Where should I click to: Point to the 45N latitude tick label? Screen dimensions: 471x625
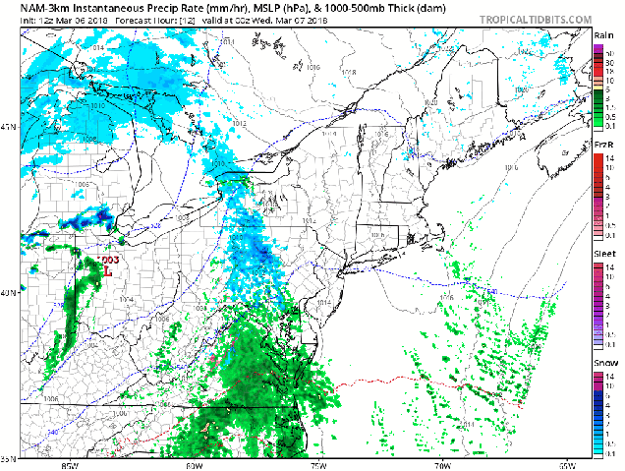tap(8, 127)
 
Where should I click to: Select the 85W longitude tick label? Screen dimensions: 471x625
tap(69, 464)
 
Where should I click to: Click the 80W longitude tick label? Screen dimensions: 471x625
tap(194, 464)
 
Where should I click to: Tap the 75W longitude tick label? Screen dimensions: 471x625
tap(318, 464)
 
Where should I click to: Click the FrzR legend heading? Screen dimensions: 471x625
tap(605, 145)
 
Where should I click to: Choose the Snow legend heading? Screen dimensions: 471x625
tap(605, 362)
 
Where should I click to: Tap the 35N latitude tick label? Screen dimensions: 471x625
tap(8, 457)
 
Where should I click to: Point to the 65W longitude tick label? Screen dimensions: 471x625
tap(568, 464)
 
